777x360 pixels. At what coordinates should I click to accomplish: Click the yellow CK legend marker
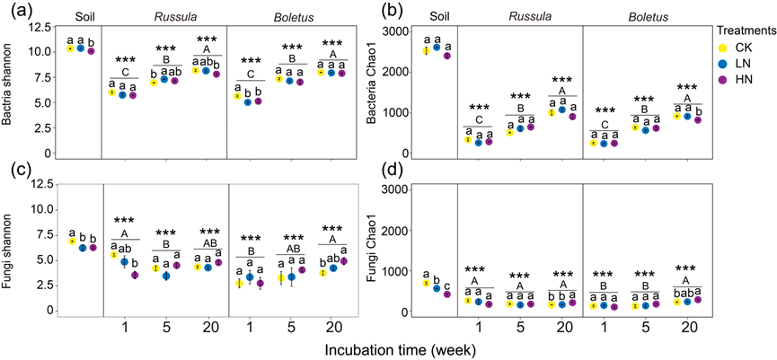718,45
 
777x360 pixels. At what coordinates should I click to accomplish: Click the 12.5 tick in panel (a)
40,30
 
